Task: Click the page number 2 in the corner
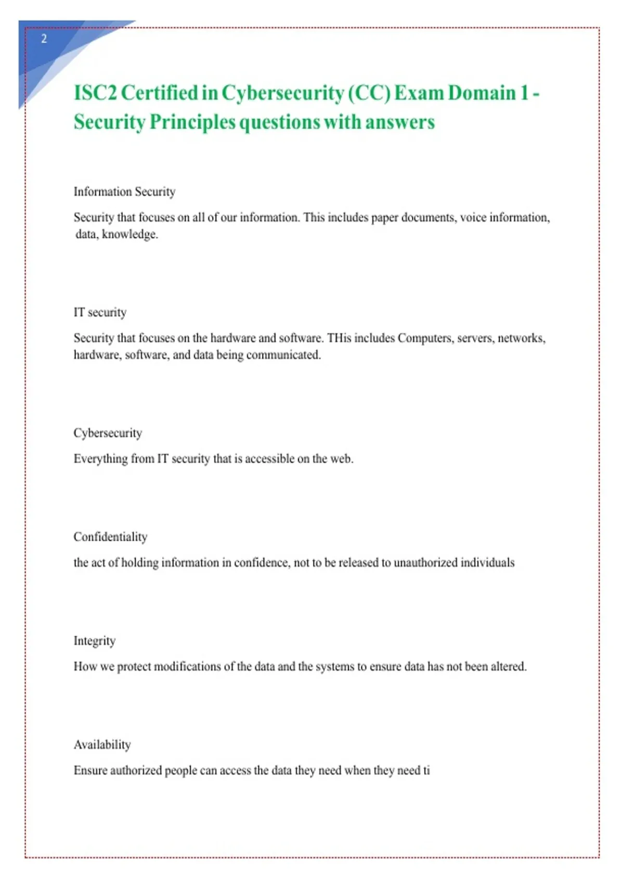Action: [x=44, y=39]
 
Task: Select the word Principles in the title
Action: [x=192, y=122]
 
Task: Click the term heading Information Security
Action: [x=124, y=192]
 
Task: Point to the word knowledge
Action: [x=130, y=234]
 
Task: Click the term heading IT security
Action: [x=100, y=312]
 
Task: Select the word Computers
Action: [x=425, y=338]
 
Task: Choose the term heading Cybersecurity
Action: [x=108, y=433]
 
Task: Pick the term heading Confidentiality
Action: [x=110, y=537]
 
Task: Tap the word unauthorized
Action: [x=425, y=563]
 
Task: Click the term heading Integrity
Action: [x=94, y=641]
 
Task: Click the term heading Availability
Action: [x=102, y=744]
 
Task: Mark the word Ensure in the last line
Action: [x=90, y=770]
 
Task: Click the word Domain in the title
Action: [x=482, y=93]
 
